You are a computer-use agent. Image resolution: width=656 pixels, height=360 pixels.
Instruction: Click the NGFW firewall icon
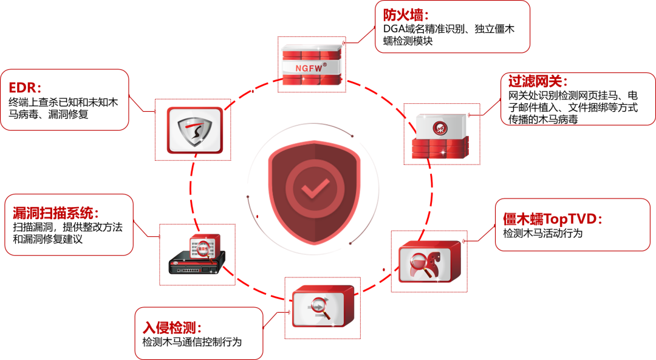click(312, 64)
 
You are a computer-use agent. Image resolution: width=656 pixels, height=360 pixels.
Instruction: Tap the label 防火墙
click(406, 16)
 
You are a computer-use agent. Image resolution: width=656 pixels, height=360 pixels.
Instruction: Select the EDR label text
click(25, 88)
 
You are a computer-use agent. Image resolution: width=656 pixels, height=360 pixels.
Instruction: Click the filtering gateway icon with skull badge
click(441, 135)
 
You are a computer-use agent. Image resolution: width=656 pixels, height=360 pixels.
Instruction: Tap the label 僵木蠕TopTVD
click(552, 219)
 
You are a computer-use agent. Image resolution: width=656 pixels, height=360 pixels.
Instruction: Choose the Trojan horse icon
click(429, 262)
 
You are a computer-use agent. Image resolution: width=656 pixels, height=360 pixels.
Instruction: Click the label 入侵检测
click(172, 328)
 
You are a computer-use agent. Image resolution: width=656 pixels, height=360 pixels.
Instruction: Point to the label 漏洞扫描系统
click(55, 213)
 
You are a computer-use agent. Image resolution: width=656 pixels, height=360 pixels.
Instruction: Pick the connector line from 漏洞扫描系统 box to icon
click(146, 231)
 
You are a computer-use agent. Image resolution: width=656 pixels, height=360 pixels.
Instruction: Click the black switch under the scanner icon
click(193, 267)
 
